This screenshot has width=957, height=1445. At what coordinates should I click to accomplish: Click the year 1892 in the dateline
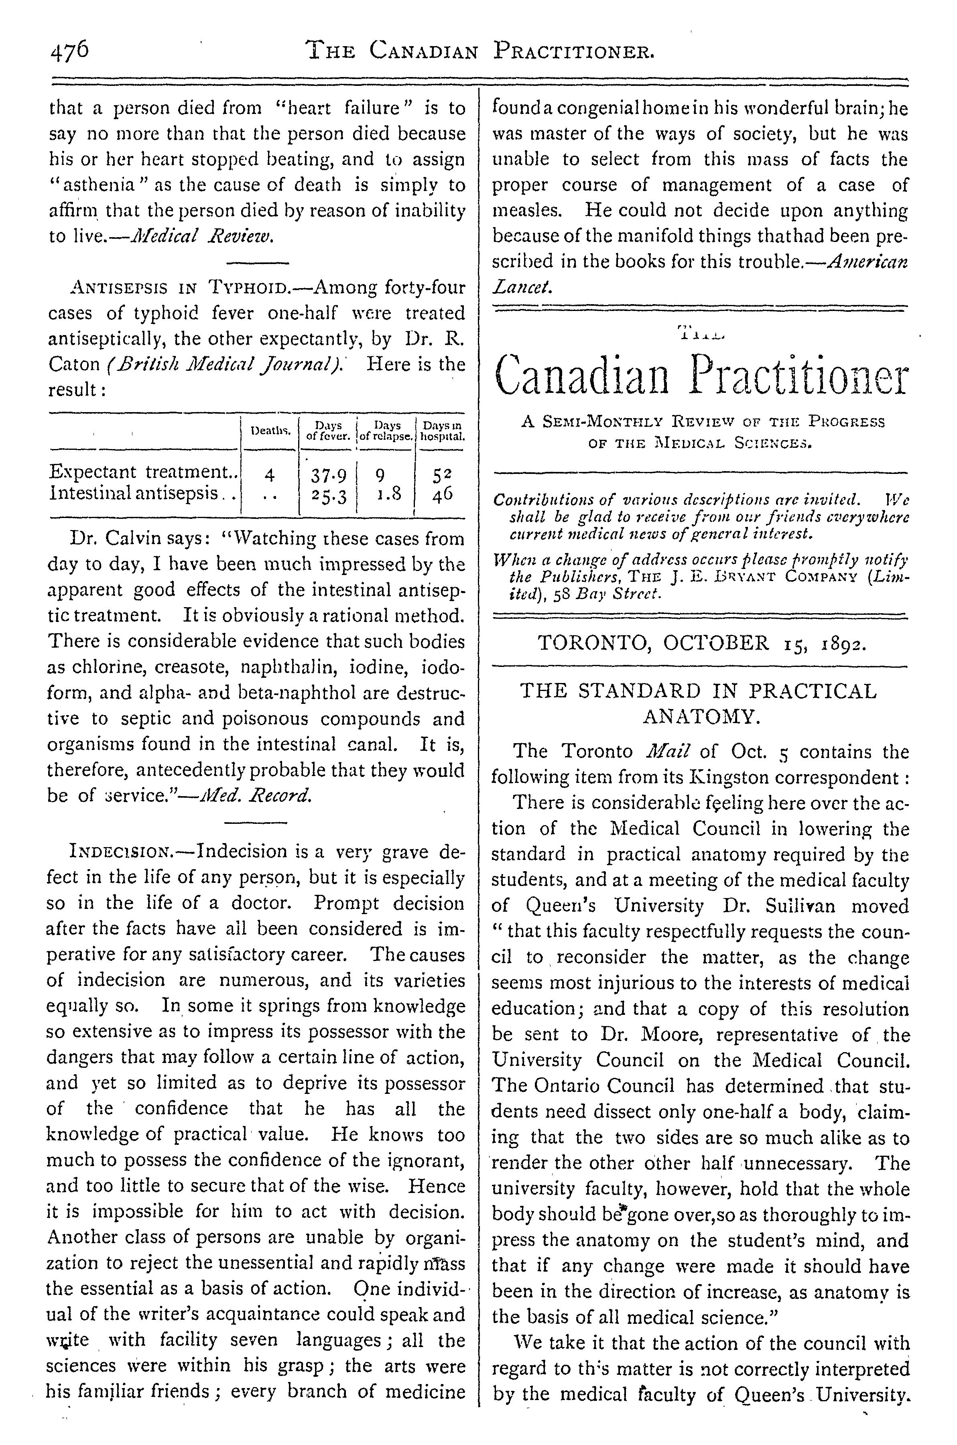[842, 643]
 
